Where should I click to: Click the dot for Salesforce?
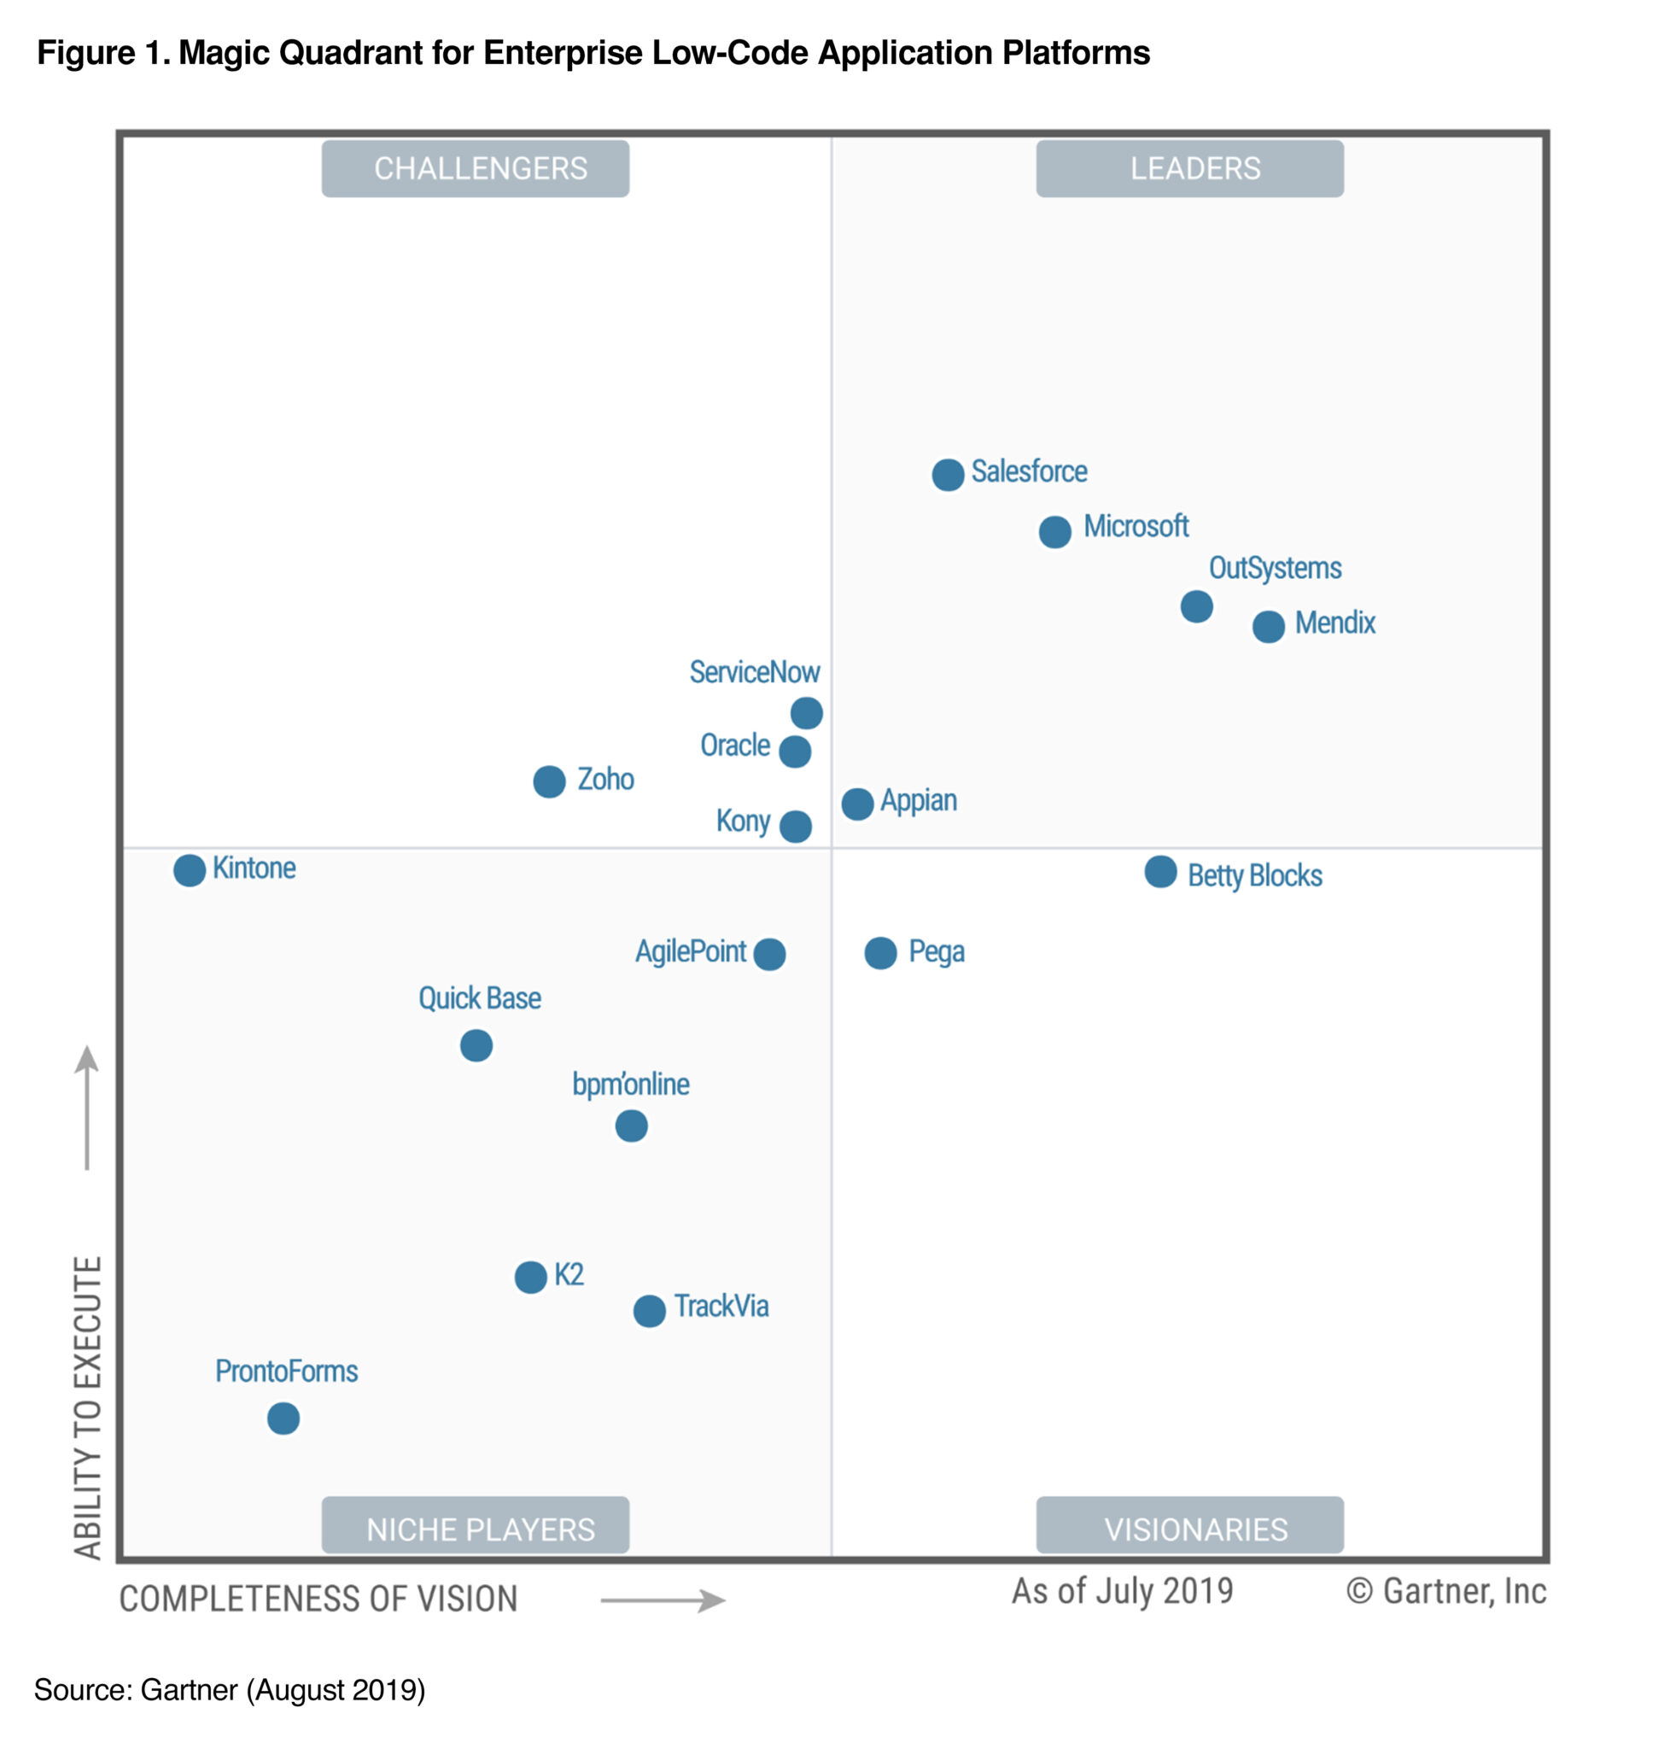[x=947, y=475]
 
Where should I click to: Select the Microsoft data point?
[x=1054, y=532]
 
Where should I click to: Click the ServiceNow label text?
[x=754, y=672]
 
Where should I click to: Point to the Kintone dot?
[x=189, y=870]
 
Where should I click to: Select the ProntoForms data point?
[x=283, y=1418]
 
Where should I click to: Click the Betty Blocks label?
[x=1254, y=875]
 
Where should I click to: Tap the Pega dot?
[x=880, y=953]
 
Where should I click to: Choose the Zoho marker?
[x=548, y=781]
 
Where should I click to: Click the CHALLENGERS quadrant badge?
[x=476, y=168]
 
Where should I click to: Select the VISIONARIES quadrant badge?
[x=1189, y=1529]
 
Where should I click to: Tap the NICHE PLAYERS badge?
[x=476, y=1529]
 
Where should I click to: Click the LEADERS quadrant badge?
[x=1189, y=168]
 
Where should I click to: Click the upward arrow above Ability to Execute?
[x=86, y=1107]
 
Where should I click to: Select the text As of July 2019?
[x=1121, y=1591]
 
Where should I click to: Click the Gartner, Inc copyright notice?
[x=1445, y=1591]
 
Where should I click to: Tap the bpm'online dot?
[x=631, y=1126]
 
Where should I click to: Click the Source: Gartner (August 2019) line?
[x=229, y=1690]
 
